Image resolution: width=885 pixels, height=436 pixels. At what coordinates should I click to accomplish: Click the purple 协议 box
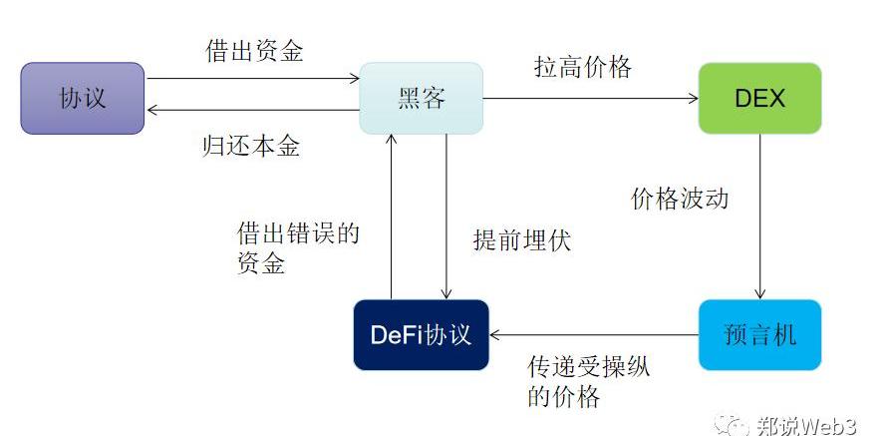click(x=83, y=98)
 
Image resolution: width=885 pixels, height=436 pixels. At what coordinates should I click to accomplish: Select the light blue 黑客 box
click(x=421, y=98)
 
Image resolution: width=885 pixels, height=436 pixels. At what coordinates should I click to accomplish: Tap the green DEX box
click(x=759, y=98)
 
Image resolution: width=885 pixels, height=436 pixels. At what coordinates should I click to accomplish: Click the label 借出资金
click(x=254, y=52)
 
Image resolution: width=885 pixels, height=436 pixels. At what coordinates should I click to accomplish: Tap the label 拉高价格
click(x=583, y=68)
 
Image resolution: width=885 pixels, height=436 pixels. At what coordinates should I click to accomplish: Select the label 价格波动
click(x=680, y=198)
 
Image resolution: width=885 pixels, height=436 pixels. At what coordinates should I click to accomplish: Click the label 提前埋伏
click(x=522, y=240)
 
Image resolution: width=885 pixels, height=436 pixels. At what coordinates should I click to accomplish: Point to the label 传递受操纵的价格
click(x=588, y=381)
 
